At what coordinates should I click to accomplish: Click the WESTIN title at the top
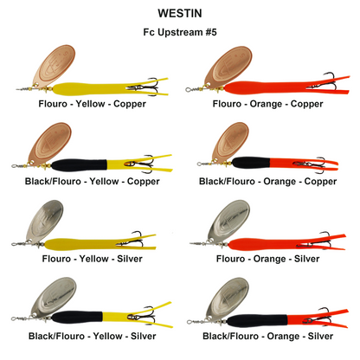pos(180,13)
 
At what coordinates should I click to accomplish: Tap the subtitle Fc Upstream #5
pos(180,32)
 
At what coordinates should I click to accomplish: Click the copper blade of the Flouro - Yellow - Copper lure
pos(55,65)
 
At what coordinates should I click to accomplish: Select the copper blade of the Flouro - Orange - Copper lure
pos(228,66)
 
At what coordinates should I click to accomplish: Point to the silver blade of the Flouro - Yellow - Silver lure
pos(45,221)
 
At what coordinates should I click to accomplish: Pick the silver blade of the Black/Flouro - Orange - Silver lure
pos(227,298)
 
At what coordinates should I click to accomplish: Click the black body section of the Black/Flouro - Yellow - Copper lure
pos(79,165)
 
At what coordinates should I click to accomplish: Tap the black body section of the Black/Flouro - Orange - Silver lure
pos(257,320)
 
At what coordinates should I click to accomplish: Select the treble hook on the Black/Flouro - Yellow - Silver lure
pos(143,315)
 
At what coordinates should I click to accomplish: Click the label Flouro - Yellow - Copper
pos(93,104)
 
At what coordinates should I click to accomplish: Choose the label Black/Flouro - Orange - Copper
pos(267,182)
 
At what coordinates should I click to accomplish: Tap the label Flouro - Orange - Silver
pos(267,259)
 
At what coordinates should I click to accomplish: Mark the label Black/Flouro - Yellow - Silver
pos(93,336)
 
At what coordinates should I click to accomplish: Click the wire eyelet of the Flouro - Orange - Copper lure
pos(188,90)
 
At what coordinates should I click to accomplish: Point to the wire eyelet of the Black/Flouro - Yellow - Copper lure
pos(14,166)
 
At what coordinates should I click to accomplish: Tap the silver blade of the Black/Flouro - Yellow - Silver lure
pos(54,297)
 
